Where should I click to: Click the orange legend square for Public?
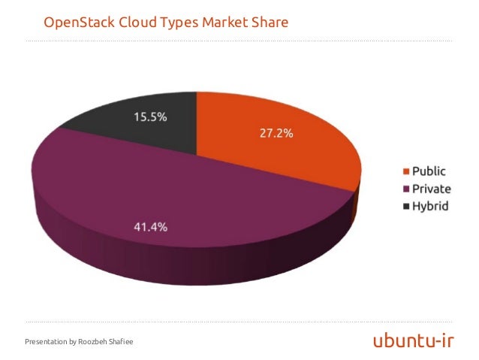405,171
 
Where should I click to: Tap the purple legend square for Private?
405,189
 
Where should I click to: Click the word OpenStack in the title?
77,23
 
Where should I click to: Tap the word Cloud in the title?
135,23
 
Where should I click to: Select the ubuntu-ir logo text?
414,342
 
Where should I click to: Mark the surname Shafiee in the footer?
122,343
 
